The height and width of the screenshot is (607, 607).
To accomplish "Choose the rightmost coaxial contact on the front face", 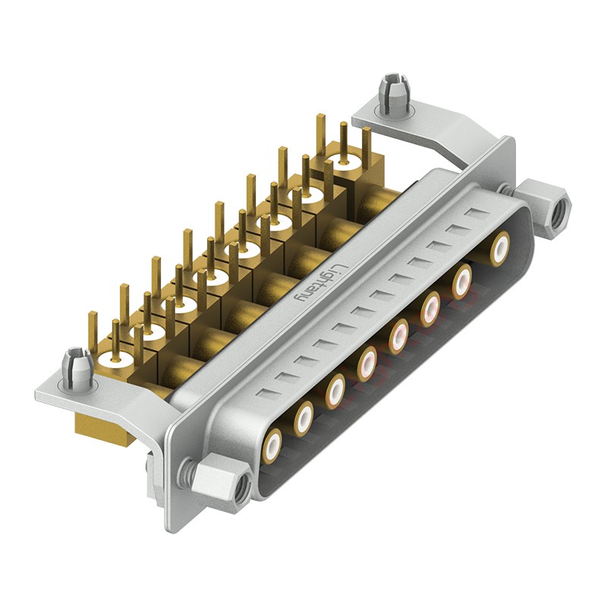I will coord(501,248).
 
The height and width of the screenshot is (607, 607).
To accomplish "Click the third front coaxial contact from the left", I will coord(336,389).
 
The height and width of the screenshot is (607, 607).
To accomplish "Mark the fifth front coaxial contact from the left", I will coord(399,334).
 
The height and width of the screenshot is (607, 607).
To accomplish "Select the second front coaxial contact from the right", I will coord(463,281).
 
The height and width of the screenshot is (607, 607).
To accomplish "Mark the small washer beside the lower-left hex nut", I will coord(187,473).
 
